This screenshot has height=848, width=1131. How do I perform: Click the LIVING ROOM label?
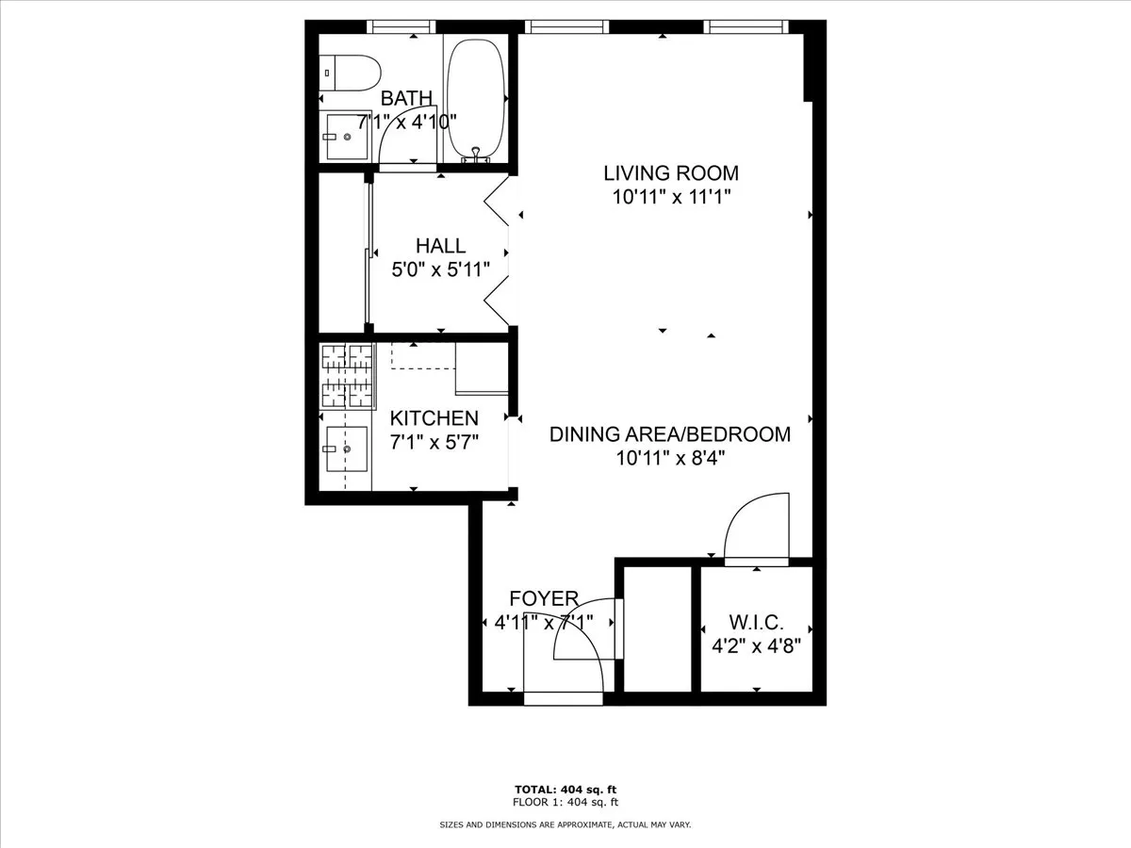[x=670, y=173]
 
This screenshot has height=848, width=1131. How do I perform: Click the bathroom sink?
[x=346, y=138]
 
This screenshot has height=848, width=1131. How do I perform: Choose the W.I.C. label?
[x=756, y=623]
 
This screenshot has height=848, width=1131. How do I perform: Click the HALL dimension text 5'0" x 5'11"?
[x=441, y=269]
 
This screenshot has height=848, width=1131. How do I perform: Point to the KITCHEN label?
[x=434, y=418]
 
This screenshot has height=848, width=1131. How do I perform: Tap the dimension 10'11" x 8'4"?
[x=670, y=459]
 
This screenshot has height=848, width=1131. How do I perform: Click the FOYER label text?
[x=544, y=599]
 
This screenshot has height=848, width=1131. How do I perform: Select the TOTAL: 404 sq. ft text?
[x=565, y=790]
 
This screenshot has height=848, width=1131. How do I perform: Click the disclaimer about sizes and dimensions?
[x=565, y=825]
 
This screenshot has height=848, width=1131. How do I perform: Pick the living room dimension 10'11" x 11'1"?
[x=670, y=197]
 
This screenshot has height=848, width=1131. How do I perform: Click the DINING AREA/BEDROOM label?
[x=670, y=434]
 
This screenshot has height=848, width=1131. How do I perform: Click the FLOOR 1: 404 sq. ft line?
[x=565, y=803]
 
